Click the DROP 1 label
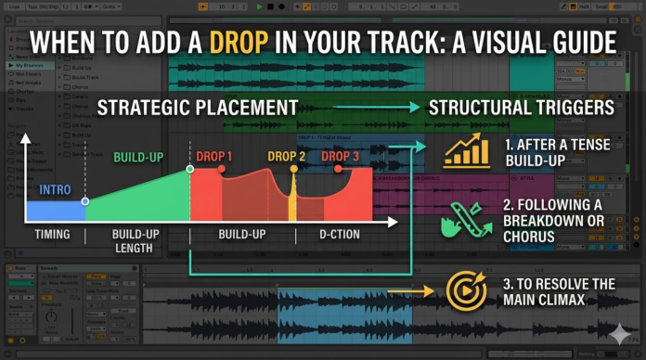[213, 157]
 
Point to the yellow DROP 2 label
[286, 157]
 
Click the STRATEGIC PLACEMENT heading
[198, 108]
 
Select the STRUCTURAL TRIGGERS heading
[521, 108]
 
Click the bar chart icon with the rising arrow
[466, 150]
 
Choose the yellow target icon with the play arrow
[466, 290]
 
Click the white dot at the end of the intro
[84, 200]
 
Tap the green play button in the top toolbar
[260, 6]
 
